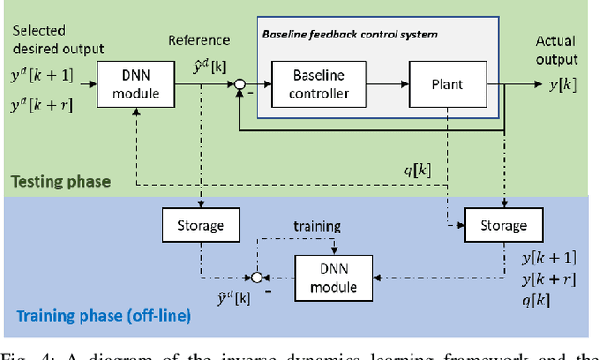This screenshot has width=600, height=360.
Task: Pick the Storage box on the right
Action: pos(502,225)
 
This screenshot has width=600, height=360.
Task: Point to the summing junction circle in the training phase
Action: pos(252,277)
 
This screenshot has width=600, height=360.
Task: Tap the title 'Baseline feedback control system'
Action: pos(349,35)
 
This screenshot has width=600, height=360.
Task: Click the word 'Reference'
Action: pos(199,39)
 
